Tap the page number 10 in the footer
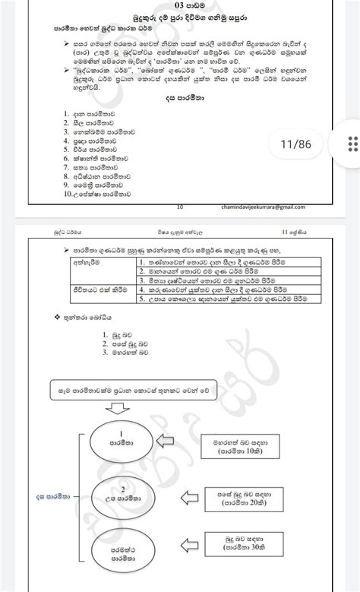tap(179, 207)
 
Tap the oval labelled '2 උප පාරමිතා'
tap(122, 495)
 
